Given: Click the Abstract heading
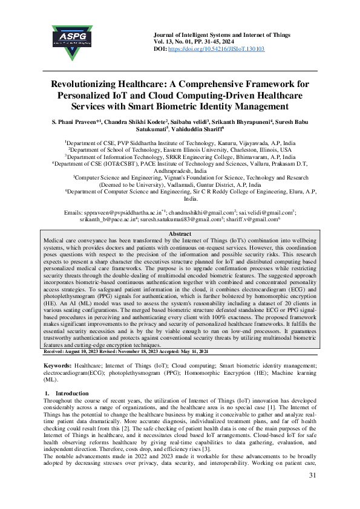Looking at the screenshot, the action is point(180,234).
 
